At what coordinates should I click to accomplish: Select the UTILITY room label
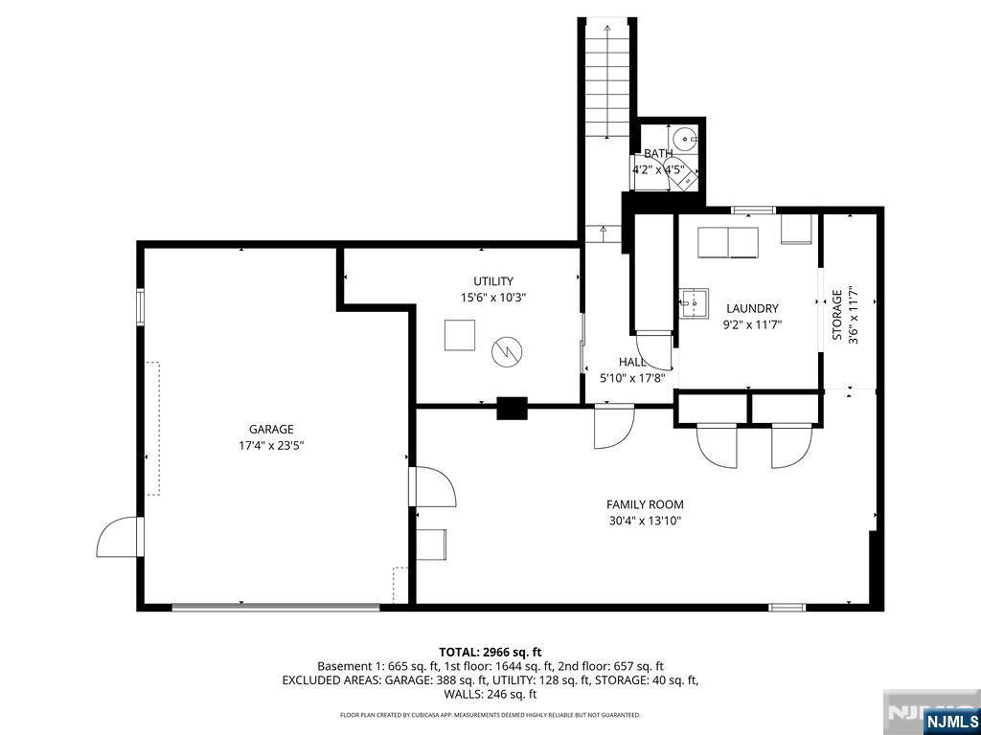pos(492,281)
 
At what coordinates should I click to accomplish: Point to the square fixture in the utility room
pos(459,335)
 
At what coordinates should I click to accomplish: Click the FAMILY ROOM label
pos(645,505)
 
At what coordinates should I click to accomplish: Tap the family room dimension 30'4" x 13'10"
pos(645,522)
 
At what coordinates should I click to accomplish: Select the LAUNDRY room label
pos(752,309)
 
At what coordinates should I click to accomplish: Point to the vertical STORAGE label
pos(836,315)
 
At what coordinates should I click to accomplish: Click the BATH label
pos(657,154)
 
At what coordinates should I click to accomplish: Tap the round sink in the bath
pos(684,136)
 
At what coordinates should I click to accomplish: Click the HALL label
pos(632,363)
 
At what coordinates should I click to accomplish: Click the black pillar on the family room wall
pos(512,409)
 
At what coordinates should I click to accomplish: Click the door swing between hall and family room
pos(612,427)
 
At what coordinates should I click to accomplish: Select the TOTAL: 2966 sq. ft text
pos(490,652)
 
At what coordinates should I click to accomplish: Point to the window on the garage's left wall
pos(141,307)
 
